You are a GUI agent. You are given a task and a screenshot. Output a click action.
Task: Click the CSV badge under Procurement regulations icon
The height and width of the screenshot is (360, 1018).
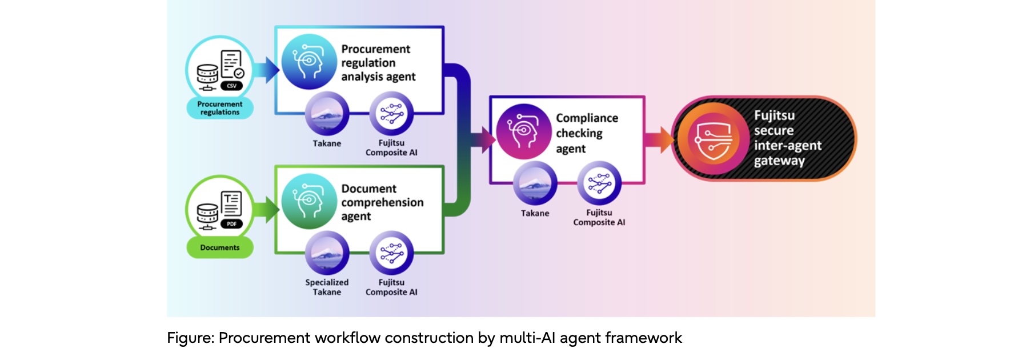tap(231, 86)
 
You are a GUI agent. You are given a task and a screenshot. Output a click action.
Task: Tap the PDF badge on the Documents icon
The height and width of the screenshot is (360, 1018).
tap(231, 224)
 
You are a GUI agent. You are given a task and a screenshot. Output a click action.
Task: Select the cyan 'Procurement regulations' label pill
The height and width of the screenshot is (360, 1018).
tap(220, 108)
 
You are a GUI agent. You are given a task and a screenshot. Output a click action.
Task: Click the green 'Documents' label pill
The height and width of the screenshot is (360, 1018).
tap(220, 247)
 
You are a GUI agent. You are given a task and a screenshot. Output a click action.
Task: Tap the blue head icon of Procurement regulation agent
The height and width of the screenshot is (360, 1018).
tap(309, 62)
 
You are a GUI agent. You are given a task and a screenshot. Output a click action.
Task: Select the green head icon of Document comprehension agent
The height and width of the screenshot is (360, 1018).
tap(309, 201)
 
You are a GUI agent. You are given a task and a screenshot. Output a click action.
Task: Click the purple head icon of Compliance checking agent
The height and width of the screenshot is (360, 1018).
tap(523, 131)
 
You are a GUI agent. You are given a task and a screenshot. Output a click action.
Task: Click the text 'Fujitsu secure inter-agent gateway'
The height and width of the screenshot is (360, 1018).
tap(787, 138)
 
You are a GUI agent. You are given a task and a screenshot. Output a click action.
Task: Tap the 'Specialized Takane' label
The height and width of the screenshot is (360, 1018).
tap(327, 287)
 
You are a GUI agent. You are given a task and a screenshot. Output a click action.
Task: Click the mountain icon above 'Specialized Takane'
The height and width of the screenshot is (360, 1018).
tap(327, 253)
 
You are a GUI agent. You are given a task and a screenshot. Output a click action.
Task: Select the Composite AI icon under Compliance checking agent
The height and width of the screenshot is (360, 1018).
tap(599, 183)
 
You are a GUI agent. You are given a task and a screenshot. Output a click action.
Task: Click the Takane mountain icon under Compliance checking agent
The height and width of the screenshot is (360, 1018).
tap(535, 183)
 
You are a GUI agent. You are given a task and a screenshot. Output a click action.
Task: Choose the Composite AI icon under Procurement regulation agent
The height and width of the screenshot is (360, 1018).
tap(391, 114)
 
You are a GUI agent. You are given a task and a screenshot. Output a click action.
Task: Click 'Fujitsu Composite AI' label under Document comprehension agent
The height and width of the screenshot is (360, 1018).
tap(391, 287)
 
